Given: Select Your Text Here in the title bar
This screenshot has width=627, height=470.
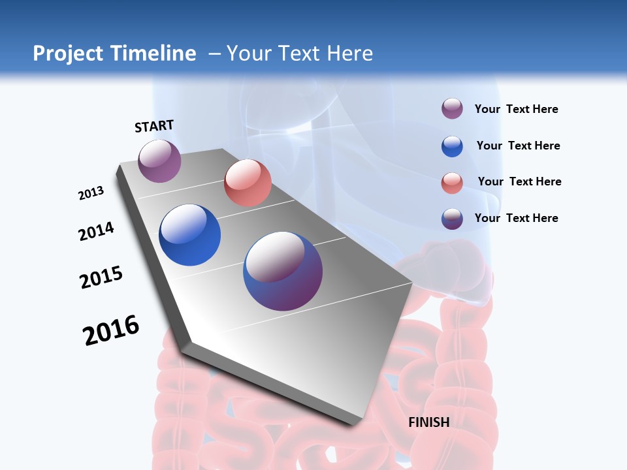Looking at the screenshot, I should [x=299, y=54].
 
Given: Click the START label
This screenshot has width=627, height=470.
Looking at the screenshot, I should [x=154, y=126].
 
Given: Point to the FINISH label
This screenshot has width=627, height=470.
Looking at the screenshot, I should [x=429, y=422].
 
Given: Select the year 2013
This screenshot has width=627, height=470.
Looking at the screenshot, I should [x=91, y=193].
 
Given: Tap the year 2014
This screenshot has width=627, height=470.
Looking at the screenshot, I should [x=96, y=232].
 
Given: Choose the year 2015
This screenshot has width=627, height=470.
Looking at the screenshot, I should [x=101, y=277].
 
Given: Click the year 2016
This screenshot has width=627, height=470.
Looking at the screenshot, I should [x=111, y=330].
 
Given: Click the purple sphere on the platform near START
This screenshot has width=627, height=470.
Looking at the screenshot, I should [x=159, y=161].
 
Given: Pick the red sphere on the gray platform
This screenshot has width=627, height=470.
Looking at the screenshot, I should [x=248, y=183].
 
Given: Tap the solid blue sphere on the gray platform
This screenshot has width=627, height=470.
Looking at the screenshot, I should [x=190, y=235].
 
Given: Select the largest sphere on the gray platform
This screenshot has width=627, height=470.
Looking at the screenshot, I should [x=283, y=271].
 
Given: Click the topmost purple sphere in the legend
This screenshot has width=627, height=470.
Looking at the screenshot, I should [x=452, y=108].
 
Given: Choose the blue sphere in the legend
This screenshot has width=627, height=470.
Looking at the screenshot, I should [x=452, y=146].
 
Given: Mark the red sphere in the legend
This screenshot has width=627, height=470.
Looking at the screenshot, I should [x=452, y=183].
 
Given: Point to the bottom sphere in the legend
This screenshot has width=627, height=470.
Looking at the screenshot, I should [x=452, y=219].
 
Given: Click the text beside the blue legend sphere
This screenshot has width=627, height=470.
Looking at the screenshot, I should [x=518, y=146].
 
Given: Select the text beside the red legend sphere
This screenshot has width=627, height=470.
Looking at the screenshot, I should [x=519, y=181].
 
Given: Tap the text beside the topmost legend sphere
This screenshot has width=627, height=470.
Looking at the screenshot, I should [x=516, y=109].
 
